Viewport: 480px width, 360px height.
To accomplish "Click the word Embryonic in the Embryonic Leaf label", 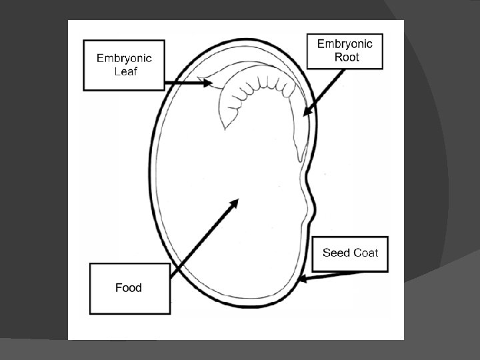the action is tap(124, 58).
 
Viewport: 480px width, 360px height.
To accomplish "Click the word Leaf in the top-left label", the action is tap(125, 71).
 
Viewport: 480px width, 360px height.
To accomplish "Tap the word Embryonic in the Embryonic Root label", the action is tap(345, 44).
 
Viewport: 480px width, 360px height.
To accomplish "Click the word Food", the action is tap(129, 288).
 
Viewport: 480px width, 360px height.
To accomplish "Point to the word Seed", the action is tap(336, 253).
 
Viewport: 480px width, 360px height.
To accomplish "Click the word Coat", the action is tap(365, 253).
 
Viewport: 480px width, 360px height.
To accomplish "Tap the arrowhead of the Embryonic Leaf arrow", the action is tap(208, 83).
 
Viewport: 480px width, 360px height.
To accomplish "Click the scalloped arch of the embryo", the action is tap(260, 83).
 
